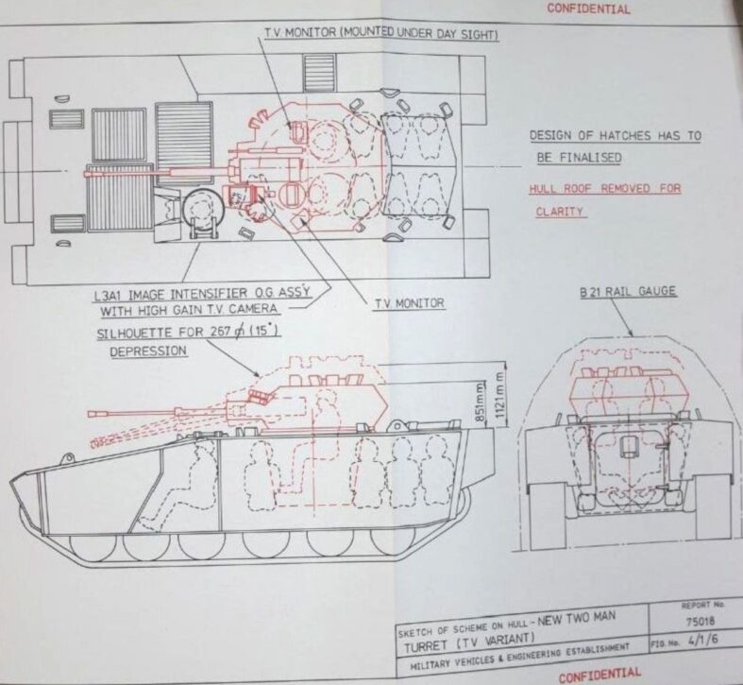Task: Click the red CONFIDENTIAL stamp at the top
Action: coord(588,9)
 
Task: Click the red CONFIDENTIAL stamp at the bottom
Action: coord(600,674)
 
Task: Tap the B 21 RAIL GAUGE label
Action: coord(628,291)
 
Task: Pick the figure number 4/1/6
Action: coord(703,640)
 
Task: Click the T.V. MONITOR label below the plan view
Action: coord(410,302)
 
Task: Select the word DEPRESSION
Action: coord(148,351)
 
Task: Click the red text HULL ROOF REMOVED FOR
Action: coord(604,189)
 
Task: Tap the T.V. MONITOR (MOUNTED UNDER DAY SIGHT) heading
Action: coord(381,34)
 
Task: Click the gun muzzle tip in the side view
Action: coord(90,414)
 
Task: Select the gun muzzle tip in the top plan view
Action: coord(86,174)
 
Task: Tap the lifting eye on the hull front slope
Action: coord(67,458)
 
